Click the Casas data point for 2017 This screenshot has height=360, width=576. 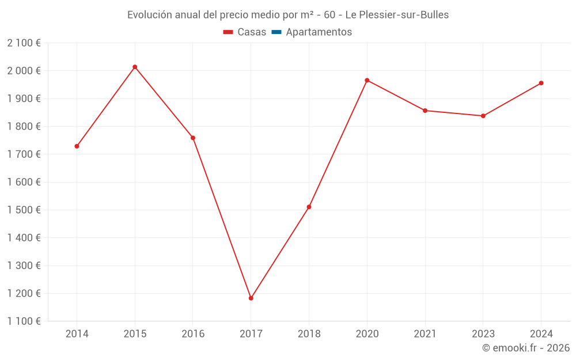[x=251, y=298]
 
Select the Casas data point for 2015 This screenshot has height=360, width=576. [x=135, y=67]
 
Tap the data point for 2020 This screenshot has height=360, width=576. [x=367, y=80]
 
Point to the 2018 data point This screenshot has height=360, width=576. [x=309, y=207]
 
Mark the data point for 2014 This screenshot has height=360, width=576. [x=77, y=146]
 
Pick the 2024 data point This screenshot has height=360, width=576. [x=541, y=83]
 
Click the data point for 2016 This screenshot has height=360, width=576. [x=193, y=138]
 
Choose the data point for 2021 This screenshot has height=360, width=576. [x=425, y=111]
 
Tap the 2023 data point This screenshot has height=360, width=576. [x=483, y=116]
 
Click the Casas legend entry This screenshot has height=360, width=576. [x=245, y=32]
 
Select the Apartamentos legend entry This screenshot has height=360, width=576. [x=312, y=32]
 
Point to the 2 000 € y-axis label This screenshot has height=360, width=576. [x=24, y=71]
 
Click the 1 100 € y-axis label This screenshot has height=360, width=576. [x=24, y=321]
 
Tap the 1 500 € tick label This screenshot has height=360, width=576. [x=24, y=210]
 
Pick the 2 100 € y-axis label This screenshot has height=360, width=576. [x=24, y=43]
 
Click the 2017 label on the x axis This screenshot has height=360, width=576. [x=251, y=334]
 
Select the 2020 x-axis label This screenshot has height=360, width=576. [x=367, y=334]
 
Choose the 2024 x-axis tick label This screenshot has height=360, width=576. [x=541, y=334]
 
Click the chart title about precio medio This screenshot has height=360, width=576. [x=288, y=15]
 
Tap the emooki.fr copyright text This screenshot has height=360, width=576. [x=526, y=348]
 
